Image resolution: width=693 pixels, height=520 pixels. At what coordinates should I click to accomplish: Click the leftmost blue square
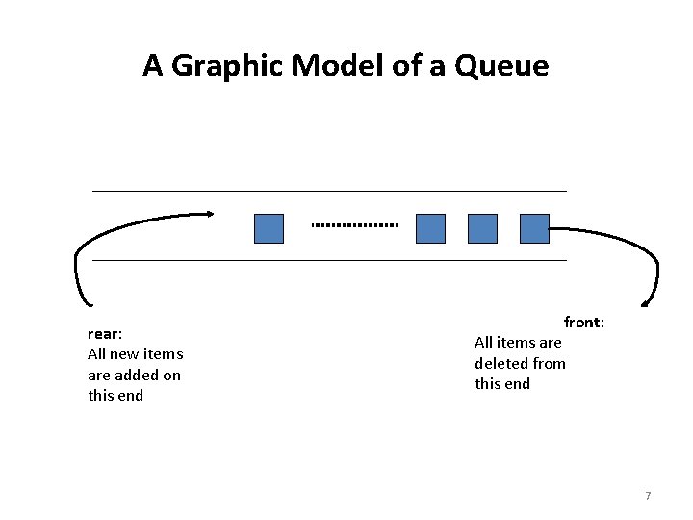click(269, 228)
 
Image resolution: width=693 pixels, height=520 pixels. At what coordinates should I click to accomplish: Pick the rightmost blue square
click(534, 228)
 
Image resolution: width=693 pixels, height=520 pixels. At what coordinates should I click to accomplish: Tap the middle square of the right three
click(482, 228)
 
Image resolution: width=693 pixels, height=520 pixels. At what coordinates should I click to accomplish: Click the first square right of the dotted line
click(430, 228)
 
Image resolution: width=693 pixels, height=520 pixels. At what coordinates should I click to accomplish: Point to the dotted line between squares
click(355, 225)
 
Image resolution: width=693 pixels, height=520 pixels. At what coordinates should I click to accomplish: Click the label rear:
click(105, 334)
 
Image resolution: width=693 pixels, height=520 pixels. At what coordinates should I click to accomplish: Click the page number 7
click(648, 496)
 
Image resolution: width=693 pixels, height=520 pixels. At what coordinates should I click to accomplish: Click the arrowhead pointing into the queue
click(209, 214)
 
